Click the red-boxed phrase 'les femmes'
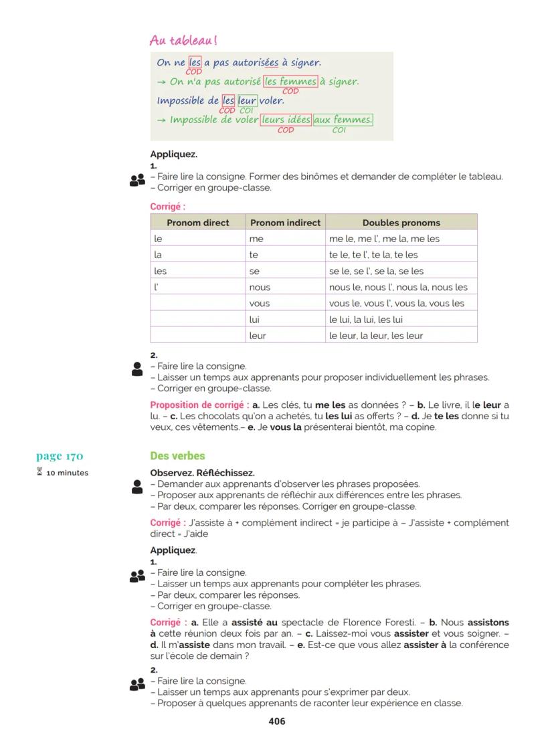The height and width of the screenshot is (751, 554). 290,82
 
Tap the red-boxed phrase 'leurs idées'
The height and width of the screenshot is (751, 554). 286,120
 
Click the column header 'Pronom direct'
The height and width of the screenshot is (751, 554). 197,223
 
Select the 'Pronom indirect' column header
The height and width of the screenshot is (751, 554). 285,223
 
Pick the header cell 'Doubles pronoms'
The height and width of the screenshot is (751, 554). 401,223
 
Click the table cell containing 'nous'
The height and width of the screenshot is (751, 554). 260,288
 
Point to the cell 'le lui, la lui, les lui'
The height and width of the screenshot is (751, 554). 366,320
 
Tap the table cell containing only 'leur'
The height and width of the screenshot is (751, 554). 258,336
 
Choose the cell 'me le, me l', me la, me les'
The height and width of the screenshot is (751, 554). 384,239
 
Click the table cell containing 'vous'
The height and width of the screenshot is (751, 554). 260,304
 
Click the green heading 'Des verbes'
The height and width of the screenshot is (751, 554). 177,456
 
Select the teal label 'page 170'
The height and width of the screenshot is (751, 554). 60,456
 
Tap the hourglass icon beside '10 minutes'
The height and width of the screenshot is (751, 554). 39,473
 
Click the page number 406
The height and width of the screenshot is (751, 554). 276,721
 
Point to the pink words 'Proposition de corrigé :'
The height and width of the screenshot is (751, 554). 199,405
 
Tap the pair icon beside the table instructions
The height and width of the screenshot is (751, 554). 137,181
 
